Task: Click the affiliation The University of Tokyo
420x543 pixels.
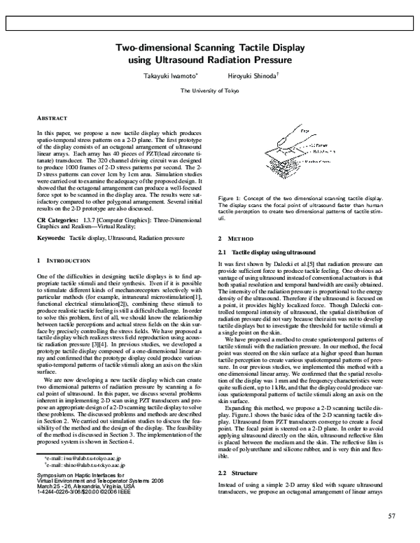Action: pos(209,91)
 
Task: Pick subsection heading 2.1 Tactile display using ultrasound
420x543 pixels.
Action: pos(267,252)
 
